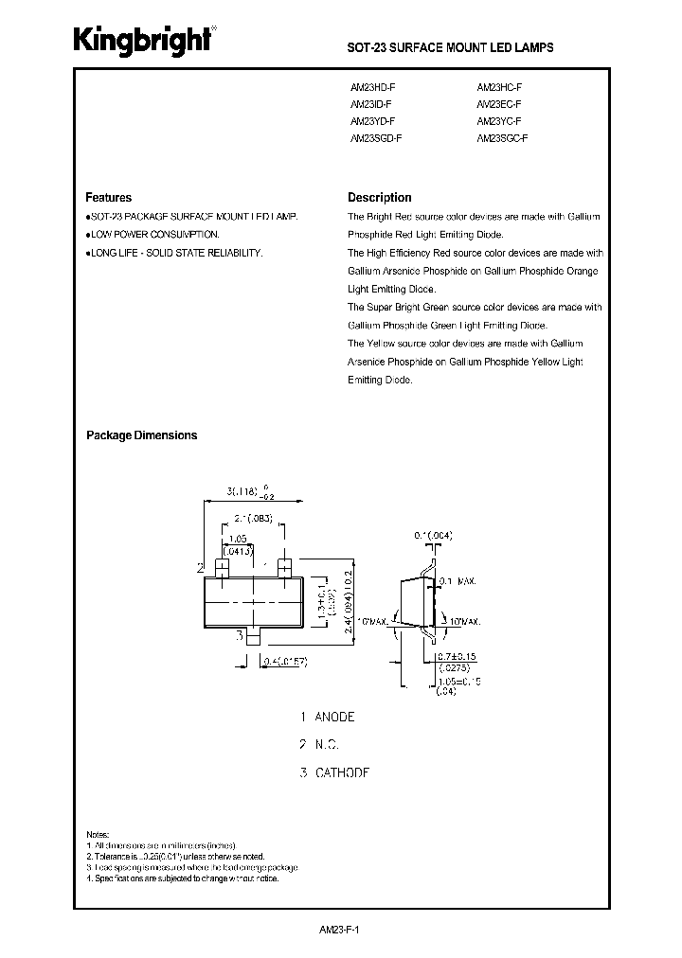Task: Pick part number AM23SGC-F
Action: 502,139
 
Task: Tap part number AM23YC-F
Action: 499,121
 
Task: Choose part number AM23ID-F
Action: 369,104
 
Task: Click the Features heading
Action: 108,198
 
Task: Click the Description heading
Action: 379,198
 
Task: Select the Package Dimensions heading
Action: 141,435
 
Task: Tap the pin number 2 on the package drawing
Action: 200,568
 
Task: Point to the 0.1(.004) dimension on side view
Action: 432,536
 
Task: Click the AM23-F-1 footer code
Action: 341,930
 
